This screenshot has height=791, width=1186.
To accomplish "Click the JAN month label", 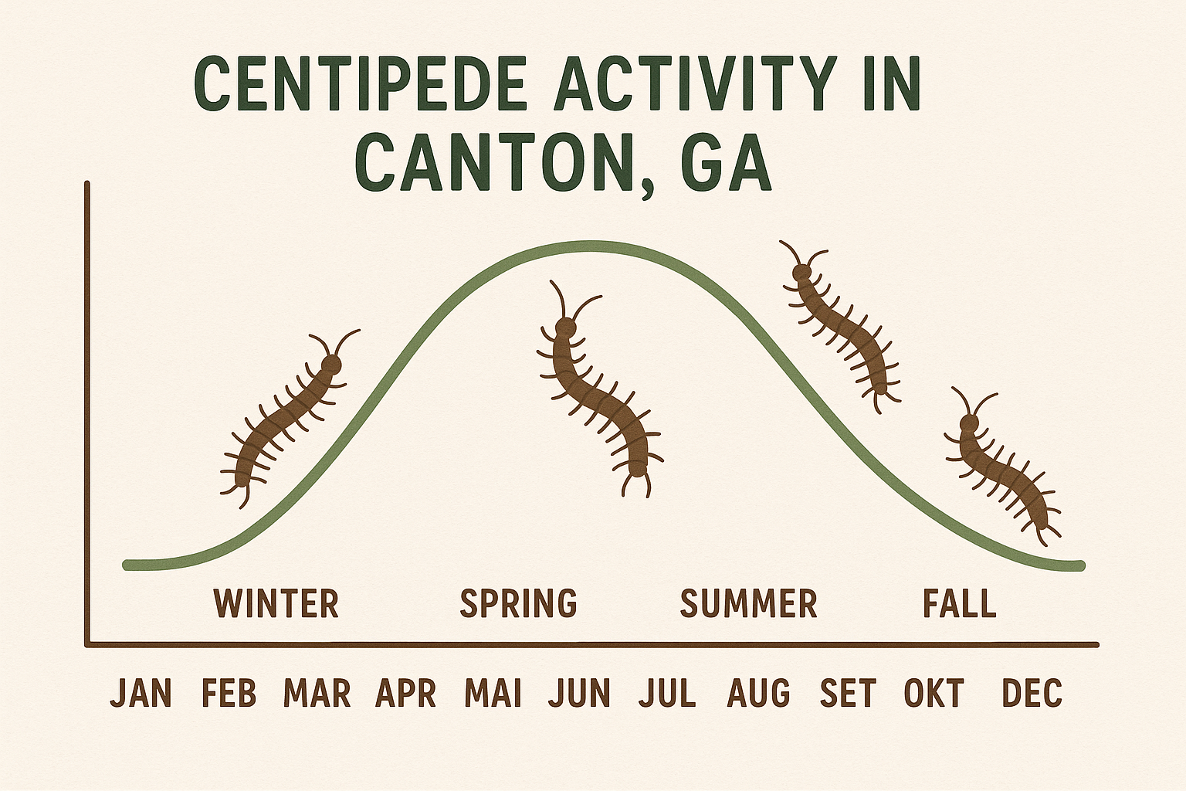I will coord(141,693).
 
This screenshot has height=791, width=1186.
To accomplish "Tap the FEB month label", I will coord(229,693).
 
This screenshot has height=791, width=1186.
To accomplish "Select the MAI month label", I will coord(493,693).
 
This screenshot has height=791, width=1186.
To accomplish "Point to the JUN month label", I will coord(579,693).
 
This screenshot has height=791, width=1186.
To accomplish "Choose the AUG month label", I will coord(758,693).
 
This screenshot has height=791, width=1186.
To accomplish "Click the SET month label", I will coord(848,693).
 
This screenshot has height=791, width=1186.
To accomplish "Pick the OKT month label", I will coord(934,693).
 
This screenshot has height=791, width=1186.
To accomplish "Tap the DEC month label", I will coord(1032,693).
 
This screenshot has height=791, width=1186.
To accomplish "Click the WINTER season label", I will coord(276,603).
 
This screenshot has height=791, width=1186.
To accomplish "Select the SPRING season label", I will coord(518,603).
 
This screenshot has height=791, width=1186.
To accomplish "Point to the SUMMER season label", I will coord(748,603).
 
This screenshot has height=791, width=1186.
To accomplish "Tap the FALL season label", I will coord(960,603).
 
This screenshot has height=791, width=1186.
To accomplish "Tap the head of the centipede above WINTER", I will coord(332,364).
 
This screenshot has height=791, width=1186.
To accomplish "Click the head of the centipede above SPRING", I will coord(567,329).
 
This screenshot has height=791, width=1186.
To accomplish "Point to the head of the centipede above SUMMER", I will coord(803,272).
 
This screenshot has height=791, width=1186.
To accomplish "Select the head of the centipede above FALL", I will coord(969,423).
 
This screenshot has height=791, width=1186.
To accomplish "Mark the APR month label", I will coord(405,693).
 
